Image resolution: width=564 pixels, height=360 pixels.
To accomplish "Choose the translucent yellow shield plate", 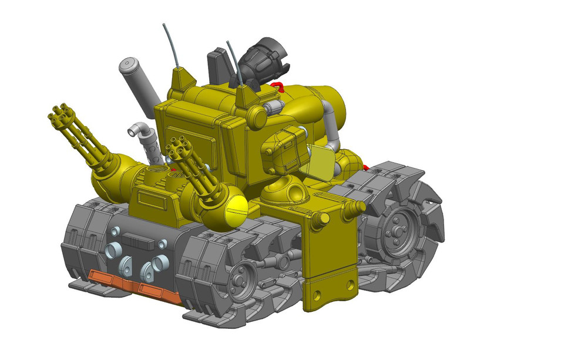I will click(321, 164).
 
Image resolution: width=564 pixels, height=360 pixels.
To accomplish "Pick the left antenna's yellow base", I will click(182, 79).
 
